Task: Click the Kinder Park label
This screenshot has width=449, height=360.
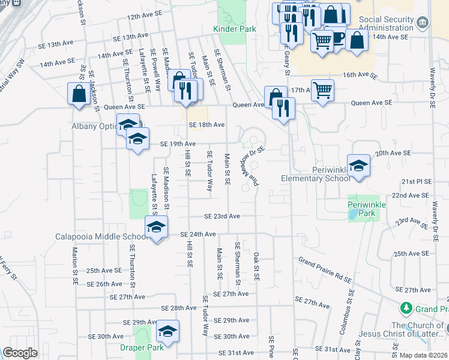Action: coord(234,29)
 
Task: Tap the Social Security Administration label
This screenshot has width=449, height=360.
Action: coord(387,23)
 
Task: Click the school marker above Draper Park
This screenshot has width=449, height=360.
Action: coord(167,331)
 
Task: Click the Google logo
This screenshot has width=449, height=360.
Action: coord(20,353)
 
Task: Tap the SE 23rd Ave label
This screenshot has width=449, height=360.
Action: coord(221,216)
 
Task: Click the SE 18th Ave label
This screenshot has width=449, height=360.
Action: coord(206,125)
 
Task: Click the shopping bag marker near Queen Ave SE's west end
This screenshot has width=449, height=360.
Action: coord(79,94)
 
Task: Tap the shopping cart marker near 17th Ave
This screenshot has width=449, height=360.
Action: coord(322,90)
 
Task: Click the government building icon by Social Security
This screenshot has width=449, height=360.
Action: coord(423,23)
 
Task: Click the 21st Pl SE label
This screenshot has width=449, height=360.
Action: coord(417,181)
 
